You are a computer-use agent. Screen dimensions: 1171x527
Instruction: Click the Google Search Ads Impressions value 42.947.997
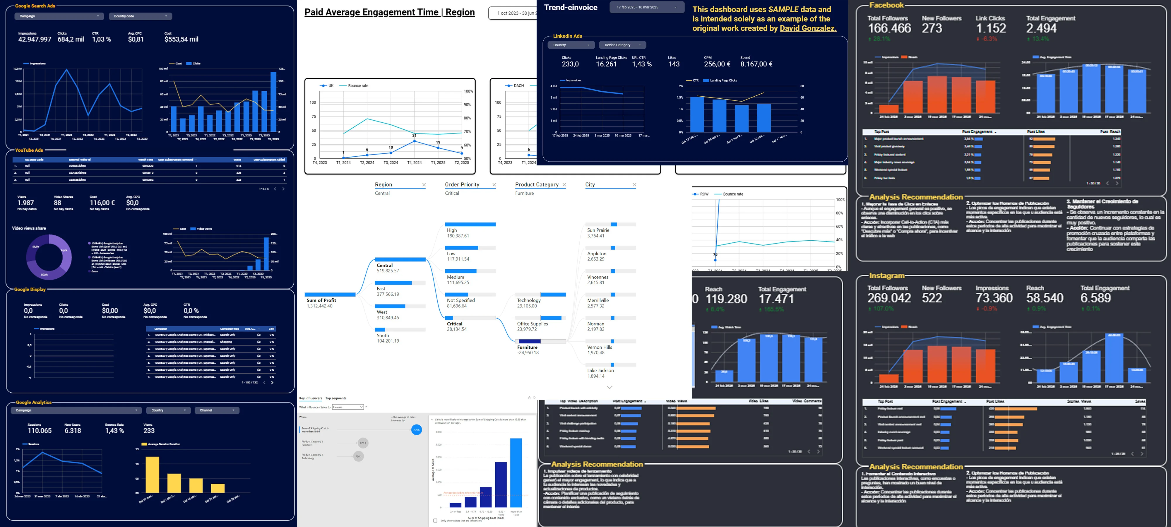pyautogui.click(x=35, y=40)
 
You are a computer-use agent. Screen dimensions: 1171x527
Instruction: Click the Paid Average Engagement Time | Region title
pyautogui.click(x=389, y=12)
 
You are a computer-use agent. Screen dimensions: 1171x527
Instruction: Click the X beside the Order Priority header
pyautogui.click(x=494, y=185)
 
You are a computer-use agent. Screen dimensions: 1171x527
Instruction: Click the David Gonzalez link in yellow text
pyautogui.click(x=808, y=28)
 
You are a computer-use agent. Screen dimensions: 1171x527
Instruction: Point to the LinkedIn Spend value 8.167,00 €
pyautogui.click(x=756, y=64)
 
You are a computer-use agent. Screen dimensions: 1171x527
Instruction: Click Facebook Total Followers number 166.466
pyautogui.click(x=889, y=28)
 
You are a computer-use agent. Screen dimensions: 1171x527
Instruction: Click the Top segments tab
pyautogui.click(x=335, y=398)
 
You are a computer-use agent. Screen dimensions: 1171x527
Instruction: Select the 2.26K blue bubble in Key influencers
pyautogui.click(x=416, y=430)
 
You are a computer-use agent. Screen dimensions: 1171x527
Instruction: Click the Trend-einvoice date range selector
pyautogui.click(x=646, y=7)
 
